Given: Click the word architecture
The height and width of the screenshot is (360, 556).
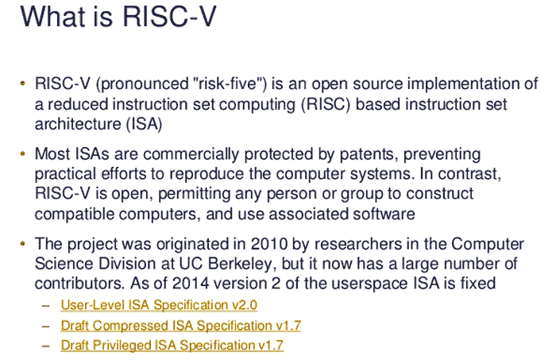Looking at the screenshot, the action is click(78, 124).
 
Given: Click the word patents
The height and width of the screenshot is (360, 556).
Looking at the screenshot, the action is click(369, 155).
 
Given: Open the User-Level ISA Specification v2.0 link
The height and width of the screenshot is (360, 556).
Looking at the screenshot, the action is click(159, 305).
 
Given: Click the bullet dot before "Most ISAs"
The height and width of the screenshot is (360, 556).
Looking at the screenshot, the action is click(23, 154).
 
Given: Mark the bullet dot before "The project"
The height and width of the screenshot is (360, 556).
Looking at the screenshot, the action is click(23, 244).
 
